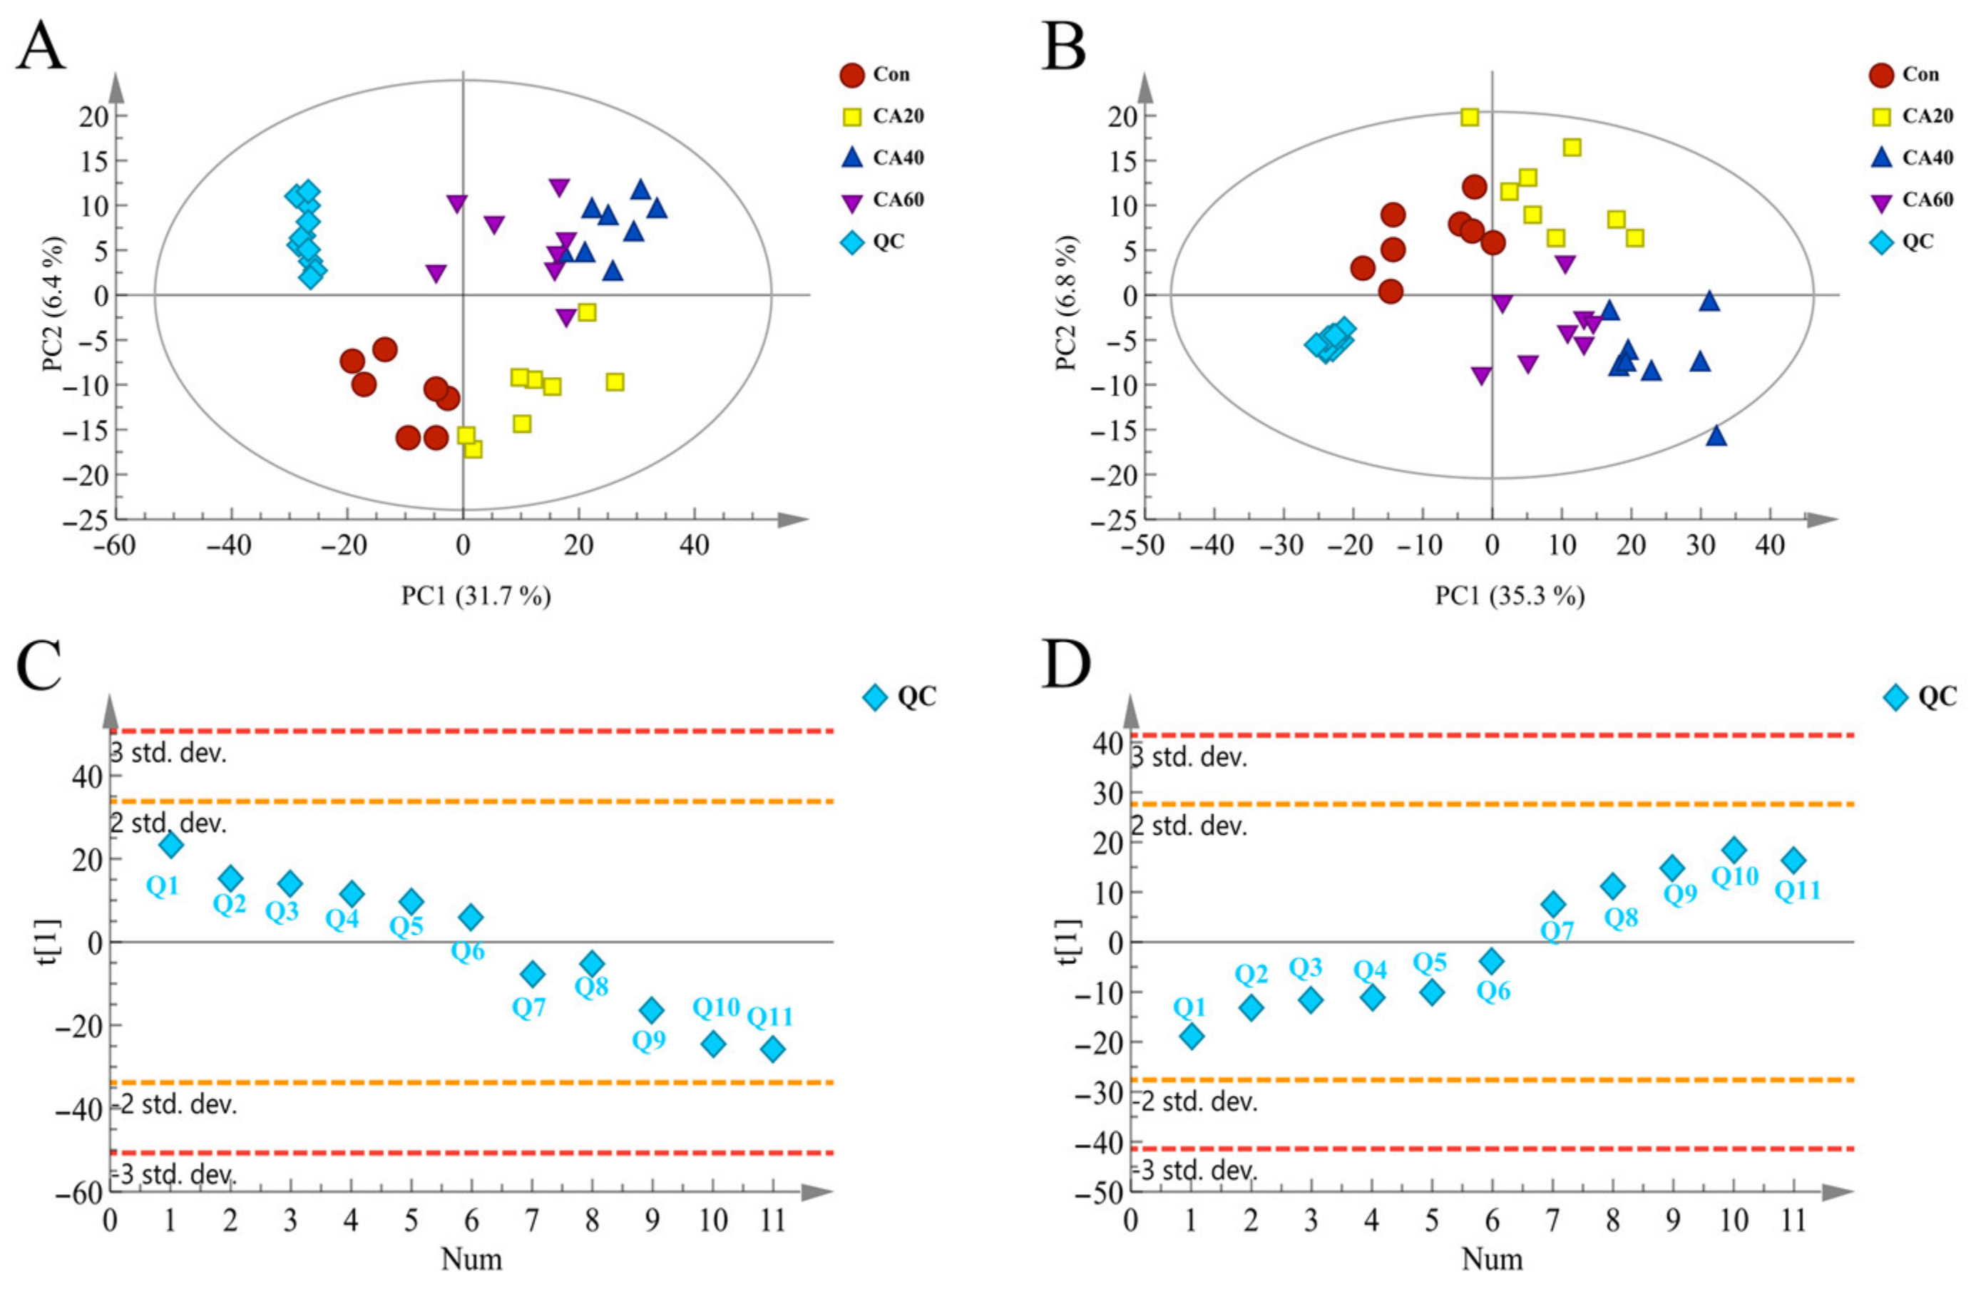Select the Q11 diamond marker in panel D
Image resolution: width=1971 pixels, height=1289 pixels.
coord(1793,860)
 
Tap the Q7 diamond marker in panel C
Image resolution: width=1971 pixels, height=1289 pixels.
coord(533,974)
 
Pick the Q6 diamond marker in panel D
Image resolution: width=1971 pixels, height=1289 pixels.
coord(1492,961)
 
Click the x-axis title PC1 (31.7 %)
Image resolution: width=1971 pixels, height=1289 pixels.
coord(476,595)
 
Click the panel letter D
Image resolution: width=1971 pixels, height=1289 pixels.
coord(1066,666)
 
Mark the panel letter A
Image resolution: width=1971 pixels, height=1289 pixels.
coord(41,46)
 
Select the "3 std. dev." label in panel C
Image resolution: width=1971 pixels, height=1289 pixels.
coord(169,754)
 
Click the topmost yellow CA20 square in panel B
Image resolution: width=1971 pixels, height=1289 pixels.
coord(1469,117)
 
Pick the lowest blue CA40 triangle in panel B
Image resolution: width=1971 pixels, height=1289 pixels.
coord(1716,436)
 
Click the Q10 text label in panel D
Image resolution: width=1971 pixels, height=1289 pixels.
coord(1735,877)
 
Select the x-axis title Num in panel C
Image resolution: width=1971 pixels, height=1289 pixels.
coord(471,1259)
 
